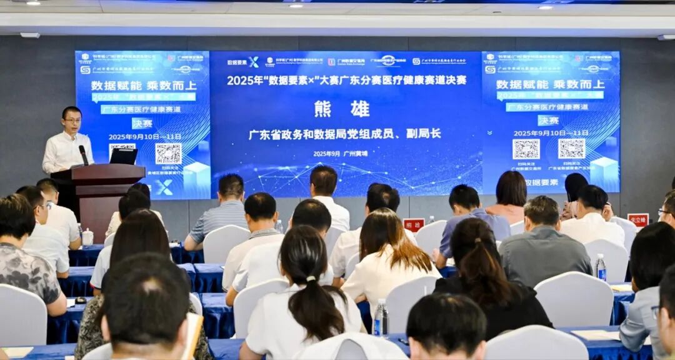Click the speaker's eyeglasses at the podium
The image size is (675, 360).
[x=72, y=120]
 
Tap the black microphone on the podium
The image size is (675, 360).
[x=83, y=155]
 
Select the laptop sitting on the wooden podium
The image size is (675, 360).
[x=123, y=156]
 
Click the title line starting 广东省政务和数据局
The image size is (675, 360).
[x=344, y=134]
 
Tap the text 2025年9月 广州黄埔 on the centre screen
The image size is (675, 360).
[x=340, y=154]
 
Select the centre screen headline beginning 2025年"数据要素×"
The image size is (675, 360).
[x=346, y=80]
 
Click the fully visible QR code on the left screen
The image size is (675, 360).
[x=168, y=153]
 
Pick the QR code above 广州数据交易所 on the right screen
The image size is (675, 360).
[x=526, y=149]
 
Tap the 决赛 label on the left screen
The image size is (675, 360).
[x=142, y=123]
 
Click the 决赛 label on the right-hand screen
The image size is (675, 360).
[x=548, y=120]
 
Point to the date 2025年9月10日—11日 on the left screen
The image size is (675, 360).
[x=145, y=137]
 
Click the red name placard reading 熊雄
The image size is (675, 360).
[x=414, y=225]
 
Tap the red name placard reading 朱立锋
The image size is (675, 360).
[x=637, y=219]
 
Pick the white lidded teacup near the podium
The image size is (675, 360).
[x=87, y=237]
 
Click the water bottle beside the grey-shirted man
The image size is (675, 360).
[x=601, y=267]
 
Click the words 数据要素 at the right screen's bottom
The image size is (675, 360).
[x=541, y=182]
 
